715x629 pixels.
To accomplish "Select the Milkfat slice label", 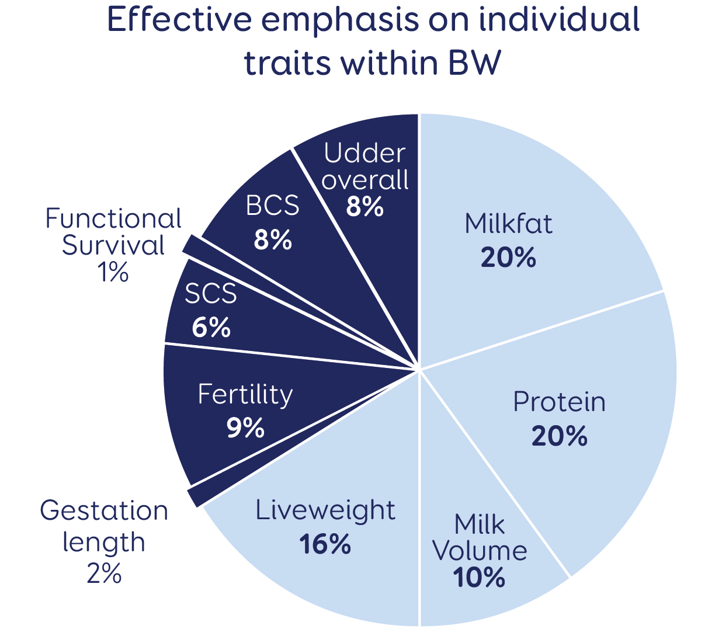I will pyautogui.click(x=508, y=224).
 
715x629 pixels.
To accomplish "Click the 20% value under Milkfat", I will pyautogui.click(x=508, y=258).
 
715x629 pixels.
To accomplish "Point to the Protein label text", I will pyautogui.click(x=559, y=402).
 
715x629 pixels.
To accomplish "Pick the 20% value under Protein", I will pyautogui.click(x=559, y=436).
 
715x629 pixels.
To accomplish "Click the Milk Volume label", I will pyautogui.click(x=480, y=538).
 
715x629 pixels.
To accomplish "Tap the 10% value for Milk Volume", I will pyautogui.click(x=479, y=578).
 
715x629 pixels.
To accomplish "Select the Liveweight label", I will pyautogui.click(x=325, y=510).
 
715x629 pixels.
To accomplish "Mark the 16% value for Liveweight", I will pyautogui.click(x=325, y=544).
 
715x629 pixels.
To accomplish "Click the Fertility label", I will pyautogui.click(x=245, y=395).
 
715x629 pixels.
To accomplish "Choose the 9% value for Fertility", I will pyautogui.click(x=245, y=428).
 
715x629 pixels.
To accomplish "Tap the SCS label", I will pyautogui.click(x=211, y=294).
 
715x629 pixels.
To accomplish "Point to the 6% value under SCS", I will pyautogui.click(x=211, y=328).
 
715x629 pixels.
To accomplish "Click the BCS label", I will pyautogui.click(x=272, y=206).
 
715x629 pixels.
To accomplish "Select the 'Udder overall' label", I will pyautogui.click(x=365, y=166).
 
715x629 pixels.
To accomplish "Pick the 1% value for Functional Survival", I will pyautogui.click(x=113, y=272).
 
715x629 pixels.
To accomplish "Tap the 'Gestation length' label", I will pyautogui.click(x=104, y=526).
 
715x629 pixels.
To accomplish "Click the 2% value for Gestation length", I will pyautogui.click(x=104, y=574).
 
